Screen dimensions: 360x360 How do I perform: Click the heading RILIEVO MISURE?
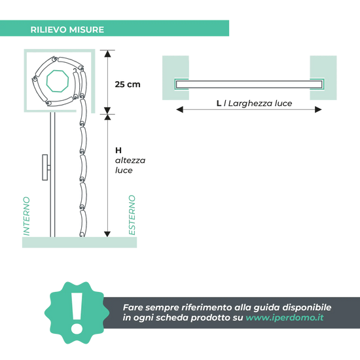(67, 29)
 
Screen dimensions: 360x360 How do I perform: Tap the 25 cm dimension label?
(128, 84)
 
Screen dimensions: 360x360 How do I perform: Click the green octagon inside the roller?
(58, 81)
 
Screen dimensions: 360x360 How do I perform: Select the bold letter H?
(118, 151)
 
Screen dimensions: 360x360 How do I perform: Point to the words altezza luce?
(130, 166)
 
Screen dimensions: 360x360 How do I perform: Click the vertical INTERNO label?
(27, 216)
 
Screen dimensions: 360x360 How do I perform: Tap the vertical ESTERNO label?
(132, 215)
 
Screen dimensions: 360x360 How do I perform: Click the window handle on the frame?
(46, 168)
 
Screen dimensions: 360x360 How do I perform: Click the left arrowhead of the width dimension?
(179, 109)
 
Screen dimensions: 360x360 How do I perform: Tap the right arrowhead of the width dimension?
(318, 109)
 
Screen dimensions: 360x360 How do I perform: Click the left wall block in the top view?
(175, 78)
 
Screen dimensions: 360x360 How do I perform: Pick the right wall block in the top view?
(323, 78)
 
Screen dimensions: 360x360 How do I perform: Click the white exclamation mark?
(77, 313)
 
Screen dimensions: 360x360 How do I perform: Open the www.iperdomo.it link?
(285, 317)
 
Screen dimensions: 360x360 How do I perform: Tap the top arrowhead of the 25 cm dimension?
(107, 54)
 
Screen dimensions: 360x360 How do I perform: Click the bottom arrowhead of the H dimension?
(107, 234)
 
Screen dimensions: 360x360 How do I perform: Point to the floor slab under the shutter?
(79, 242)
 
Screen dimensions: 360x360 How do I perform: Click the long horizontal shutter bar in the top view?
(249, 84)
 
